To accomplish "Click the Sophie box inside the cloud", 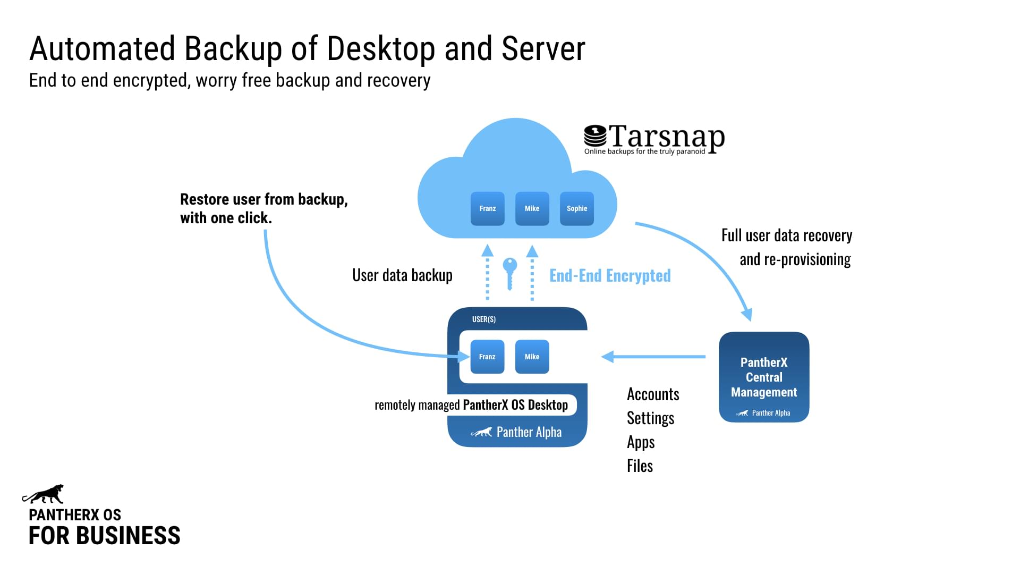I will (576, 208).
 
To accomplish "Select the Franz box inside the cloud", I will (487, 208).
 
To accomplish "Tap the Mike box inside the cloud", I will (532, 208).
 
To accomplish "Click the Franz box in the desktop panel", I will (487, 357).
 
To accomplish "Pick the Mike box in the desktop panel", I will (532, 357).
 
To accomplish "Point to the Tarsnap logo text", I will (666, 137).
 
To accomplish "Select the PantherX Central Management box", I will (763, 377).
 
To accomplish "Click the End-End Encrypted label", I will (610, 275).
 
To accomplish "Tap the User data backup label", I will (402, 275).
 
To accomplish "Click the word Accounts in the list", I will (653, 394).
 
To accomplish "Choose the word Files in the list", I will (640, 466).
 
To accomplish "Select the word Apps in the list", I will (641, 442).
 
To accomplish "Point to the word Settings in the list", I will (650, 418).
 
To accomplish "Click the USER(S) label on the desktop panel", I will (483, 319).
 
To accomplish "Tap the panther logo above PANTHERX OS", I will (44, 494).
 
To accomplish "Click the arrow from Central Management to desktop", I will (653, 357).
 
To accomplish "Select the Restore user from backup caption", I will (263, 208).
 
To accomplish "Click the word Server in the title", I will (543, 49).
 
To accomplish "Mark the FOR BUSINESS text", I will (104, 536).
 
